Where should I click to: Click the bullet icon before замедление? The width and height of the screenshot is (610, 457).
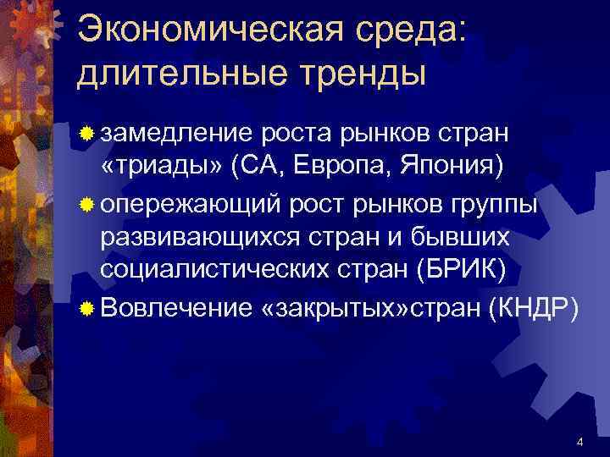[86, 133]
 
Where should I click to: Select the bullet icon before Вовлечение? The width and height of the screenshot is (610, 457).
[86, 311]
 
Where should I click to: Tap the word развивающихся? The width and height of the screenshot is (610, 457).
[204, 239]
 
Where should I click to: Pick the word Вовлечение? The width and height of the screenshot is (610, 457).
[175, 310]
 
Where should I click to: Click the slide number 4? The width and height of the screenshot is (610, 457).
[579, 442]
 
